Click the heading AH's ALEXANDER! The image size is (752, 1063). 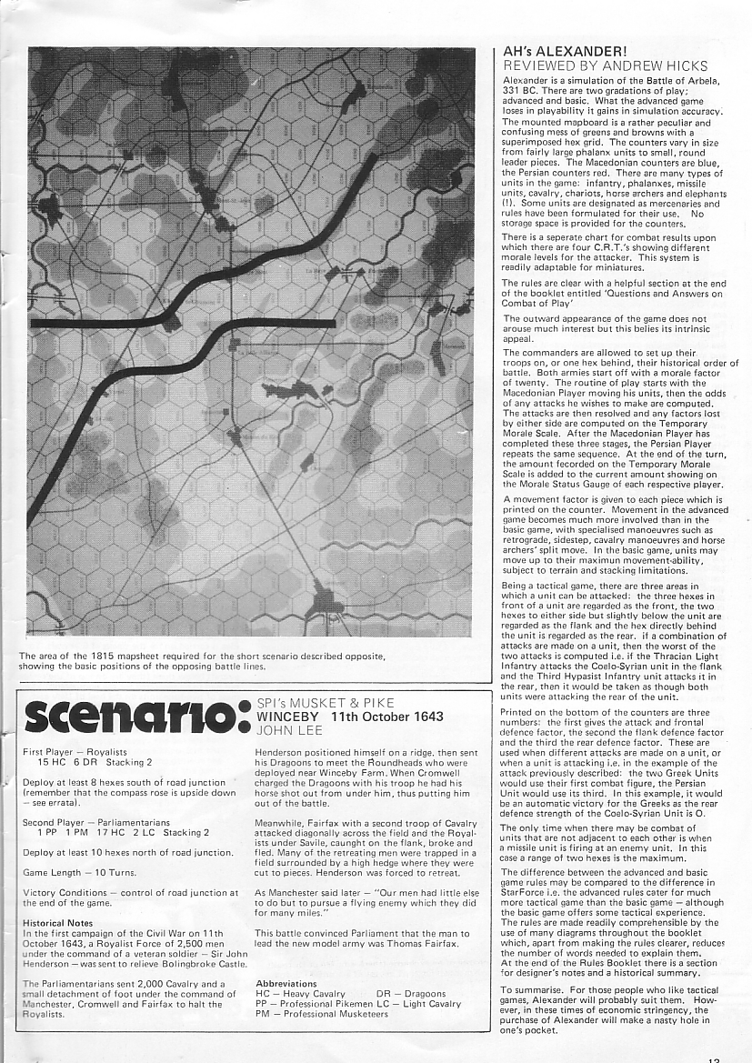564,53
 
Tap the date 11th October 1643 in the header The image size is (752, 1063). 386,717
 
